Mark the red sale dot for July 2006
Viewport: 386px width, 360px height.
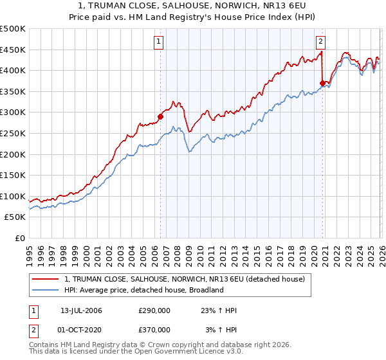click(x=160, y=116)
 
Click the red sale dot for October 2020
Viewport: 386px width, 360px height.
click(x=322, y=83)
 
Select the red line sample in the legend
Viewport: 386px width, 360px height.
click(x=46, y=278)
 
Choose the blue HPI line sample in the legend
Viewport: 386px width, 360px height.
click(x=46, y=290)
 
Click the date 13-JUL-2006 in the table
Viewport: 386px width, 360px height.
click(x=81, y=310)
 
